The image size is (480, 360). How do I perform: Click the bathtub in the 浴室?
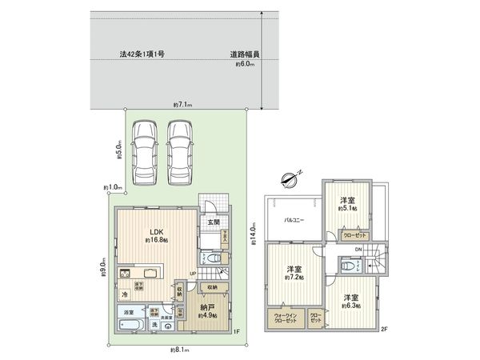click(x=128, y=326)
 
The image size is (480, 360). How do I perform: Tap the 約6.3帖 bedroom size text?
click(x=350, y=305)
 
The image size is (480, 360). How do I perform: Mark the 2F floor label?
click(x=384, y=329)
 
